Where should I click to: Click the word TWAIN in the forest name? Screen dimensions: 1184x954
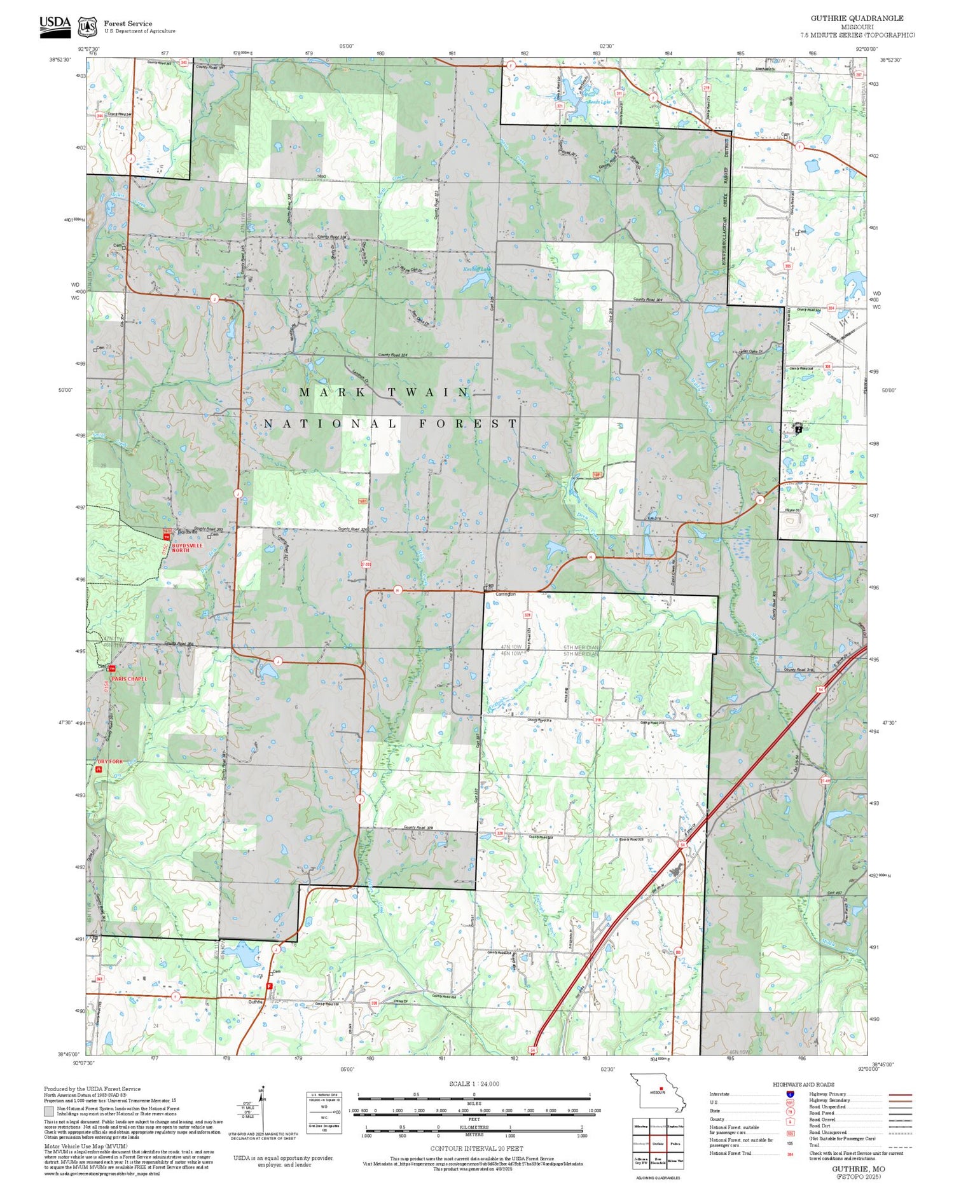point(428,392)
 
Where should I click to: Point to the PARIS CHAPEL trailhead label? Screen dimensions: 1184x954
point(129,678)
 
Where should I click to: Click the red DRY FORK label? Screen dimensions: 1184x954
point(110,761)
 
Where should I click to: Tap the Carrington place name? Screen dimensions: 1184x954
point(506,594)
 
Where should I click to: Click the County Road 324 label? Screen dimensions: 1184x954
point(392,355)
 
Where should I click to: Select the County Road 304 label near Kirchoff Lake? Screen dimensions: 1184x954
point(647,299)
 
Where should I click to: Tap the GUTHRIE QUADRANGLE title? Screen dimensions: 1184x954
point(857,18)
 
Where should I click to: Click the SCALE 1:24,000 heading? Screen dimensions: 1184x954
point(474,1084)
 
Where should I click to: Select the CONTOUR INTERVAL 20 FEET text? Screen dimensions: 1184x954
point(476,1148)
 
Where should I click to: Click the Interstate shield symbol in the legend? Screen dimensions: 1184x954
point(790,1094)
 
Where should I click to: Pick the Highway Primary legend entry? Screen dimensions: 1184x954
point(827,1094)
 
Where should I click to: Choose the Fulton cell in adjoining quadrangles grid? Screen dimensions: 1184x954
point(675,1143)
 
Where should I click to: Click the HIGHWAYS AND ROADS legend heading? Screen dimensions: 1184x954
point(803,1084)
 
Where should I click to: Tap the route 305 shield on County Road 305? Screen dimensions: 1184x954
point(788,266)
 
